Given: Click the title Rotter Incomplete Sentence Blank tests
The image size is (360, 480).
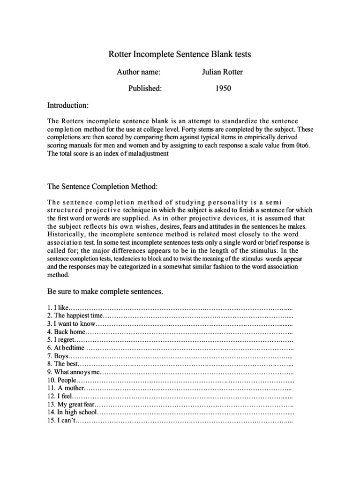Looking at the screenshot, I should [180, 55].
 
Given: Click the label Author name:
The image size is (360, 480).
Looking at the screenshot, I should [138, 72].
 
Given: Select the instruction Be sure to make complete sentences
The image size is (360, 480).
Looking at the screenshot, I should [105, 292].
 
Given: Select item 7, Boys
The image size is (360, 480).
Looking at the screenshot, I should [58, 356].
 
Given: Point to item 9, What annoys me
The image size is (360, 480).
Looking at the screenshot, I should [74, 372].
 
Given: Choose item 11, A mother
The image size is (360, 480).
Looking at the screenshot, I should [66, 388].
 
